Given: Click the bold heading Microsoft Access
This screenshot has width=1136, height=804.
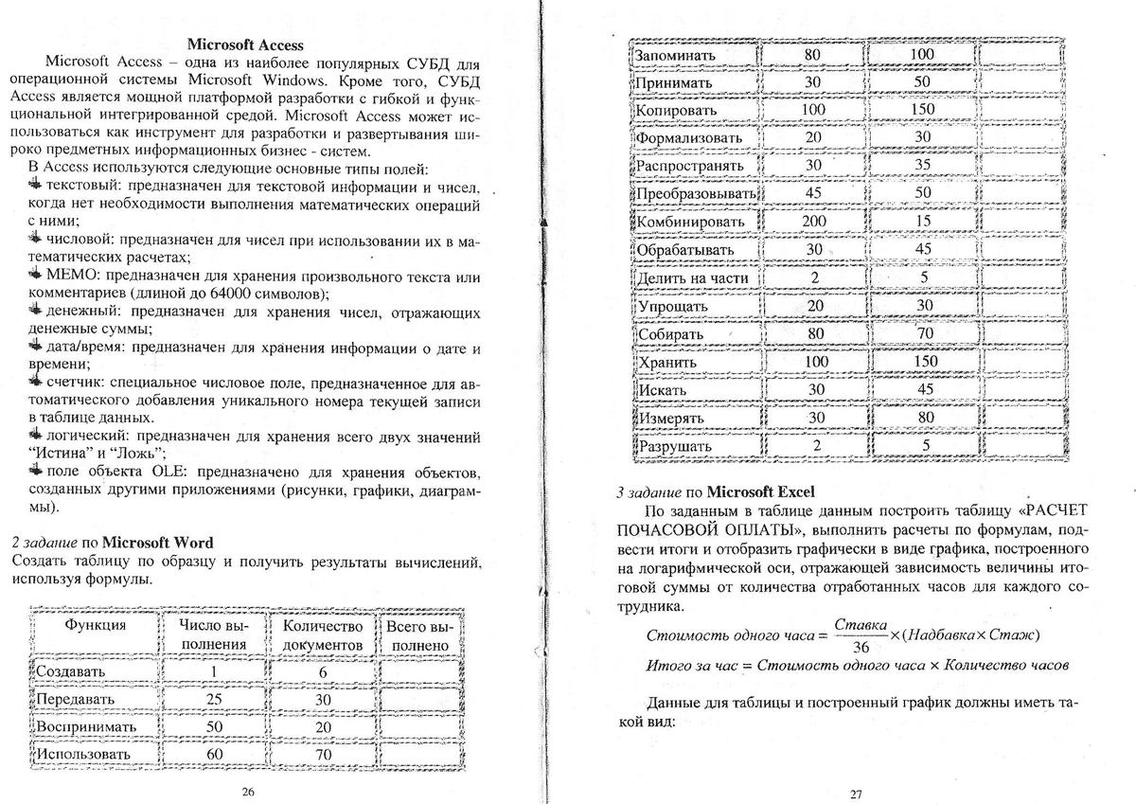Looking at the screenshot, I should point(245,45).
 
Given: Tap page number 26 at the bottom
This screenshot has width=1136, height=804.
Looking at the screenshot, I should point(248,792).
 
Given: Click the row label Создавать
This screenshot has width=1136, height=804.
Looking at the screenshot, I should point(71,670).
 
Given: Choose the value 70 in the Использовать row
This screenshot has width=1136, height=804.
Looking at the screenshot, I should point(323,754).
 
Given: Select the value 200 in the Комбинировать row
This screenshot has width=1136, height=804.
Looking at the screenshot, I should point(813,222).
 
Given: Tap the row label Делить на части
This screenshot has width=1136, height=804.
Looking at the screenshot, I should point(693,277).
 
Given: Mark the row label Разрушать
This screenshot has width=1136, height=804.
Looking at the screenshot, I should point(674,445).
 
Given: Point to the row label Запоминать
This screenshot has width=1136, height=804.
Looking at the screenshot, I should point(676,55).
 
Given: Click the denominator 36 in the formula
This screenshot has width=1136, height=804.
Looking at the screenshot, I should point(861,648).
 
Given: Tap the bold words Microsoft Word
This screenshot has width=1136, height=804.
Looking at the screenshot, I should point(157,542).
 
